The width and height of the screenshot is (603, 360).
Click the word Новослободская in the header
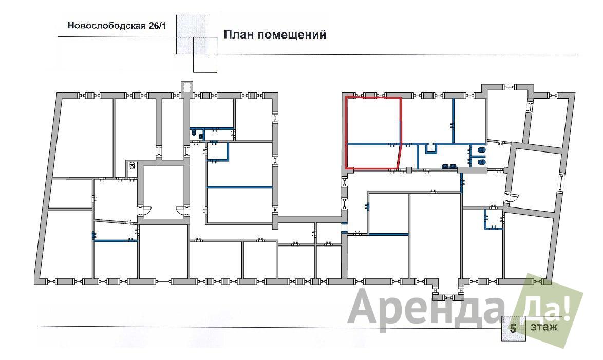click(106, 26)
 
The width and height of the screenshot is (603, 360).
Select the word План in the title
click(239, 34)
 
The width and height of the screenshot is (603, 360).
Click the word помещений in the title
click(292, 35)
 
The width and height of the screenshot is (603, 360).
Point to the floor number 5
click(513, 329)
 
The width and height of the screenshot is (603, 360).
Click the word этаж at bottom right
click(544, 327)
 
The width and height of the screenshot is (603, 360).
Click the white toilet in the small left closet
click(132, 166)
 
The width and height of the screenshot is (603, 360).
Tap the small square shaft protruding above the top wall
click(187, 87)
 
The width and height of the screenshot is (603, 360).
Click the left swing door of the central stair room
click(145, 211)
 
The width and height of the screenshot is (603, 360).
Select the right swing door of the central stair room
click(181, 211)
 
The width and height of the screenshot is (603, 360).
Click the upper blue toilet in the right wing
click(481, 149)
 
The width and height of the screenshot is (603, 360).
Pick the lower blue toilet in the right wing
click(481, 162)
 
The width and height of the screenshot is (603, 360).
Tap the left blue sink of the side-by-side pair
click(445, 166)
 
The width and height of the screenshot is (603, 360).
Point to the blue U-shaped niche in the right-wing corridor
click(430, 148)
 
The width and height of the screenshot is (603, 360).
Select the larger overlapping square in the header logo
click(191, 34)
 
